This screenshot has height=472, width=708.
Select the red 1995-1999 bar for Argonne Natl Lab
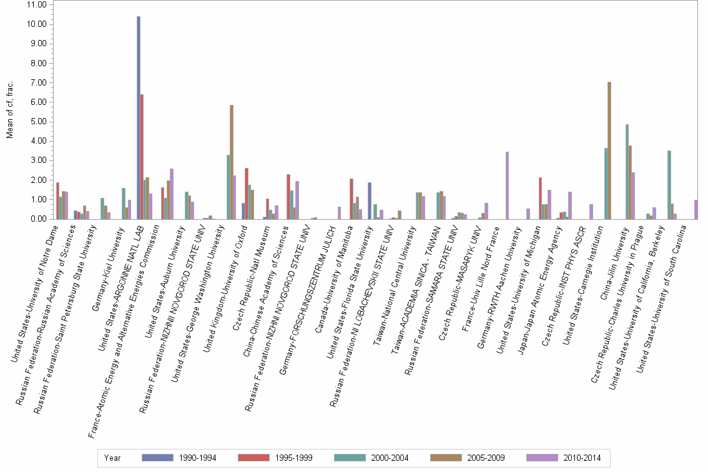click(142, 157)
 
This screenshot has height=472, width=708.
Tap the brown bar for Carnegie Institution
click(609, 150)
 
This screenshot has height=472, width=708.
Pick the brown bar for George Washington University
click(232, 162)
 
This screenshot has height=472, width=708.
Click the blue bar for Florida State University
click(370, 200)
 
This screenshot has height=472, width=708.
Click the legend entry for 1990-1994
click(179, 458)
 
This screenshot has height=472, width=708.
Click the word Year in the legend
click(113, 458)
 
